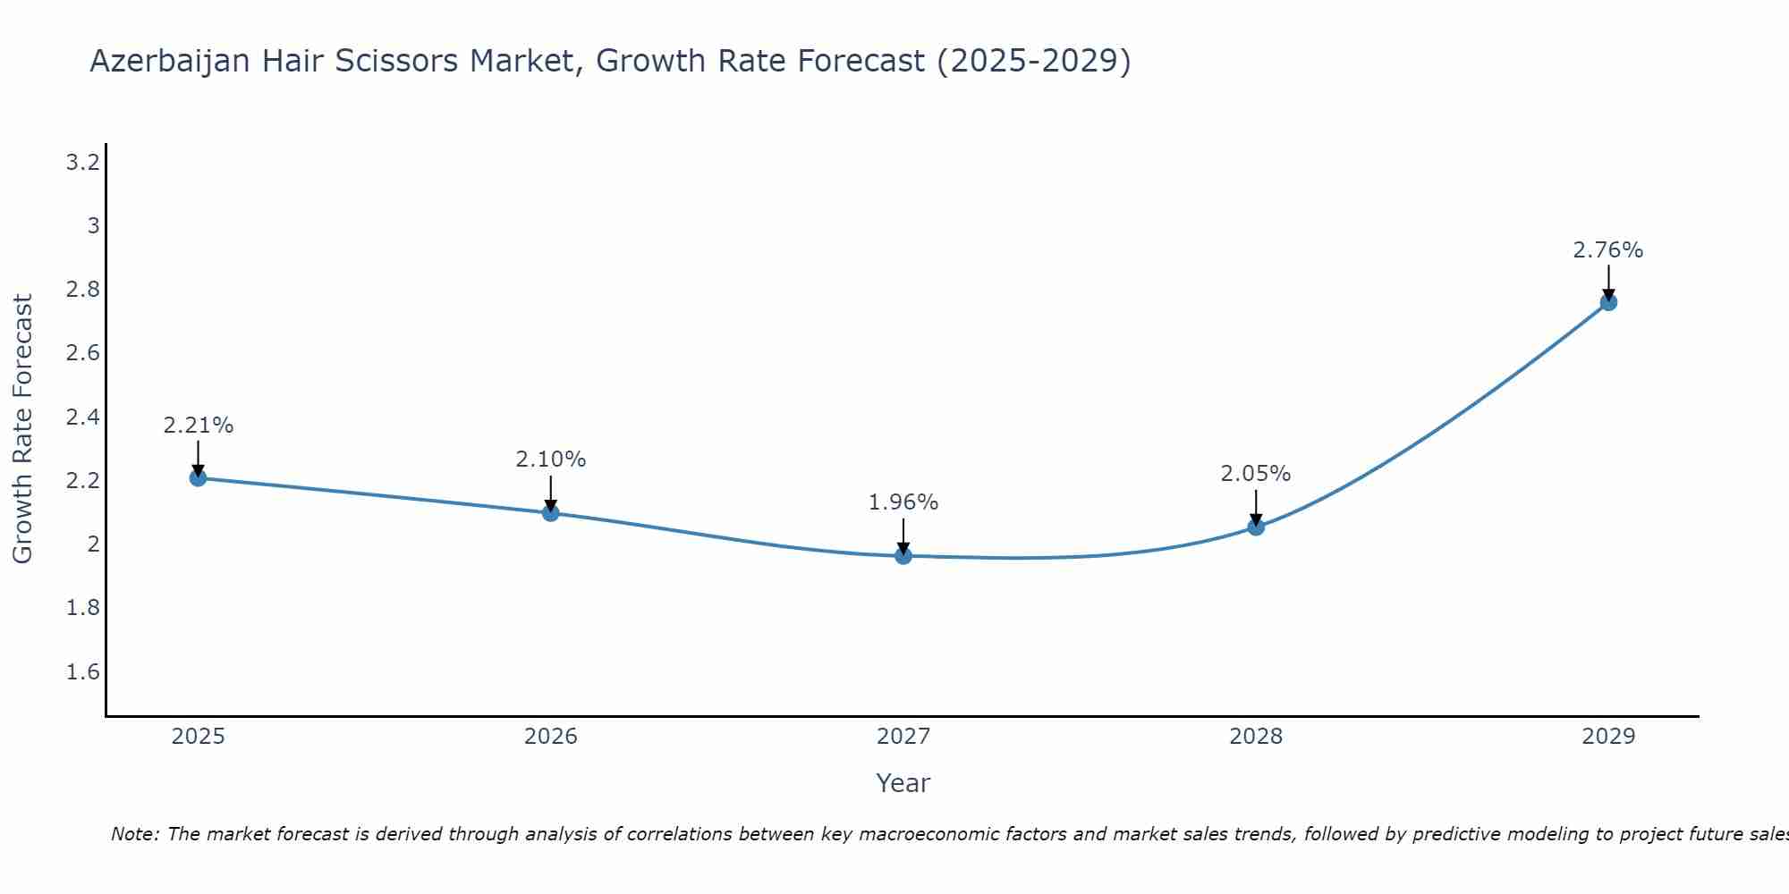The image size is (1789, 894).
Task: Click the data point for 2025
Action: point(198,477)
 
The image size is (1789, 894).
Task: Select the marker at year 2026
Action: point(550,512)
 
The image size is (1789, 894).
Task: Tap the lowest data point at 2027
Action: point(903,556)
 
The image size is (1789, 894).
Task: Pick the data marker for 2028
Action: point(1256,527)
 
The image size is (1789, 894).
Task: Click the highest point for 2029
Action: point(1608,302)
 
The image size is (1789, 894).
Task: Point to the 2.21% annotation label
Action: point(198,426)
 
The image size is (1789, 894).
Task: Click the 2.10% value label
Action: point(550,460)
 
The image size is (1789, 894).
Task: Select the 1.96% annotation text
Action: point(903,502)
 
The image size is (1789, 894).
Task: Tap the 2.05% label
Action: point(1256,474)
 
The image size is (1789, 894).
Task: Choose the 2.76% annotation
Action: point(1608,250)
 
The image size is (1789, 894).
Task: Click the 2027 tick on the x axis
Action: point(903,737)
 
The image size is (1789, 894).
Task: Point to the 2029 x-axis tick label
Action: point(1608,737)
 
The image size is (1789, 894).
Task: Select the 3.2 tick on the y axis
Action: point(82,163)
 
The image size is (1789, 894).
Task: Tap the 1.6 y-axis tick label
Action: point(82,672)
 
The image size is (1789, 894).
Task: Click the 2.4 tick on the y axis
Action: point(82,417)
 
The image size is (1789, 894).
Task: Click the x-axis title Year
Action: point(903,783)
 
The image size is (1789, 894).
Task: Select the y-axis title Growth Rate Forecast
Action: point(23,429)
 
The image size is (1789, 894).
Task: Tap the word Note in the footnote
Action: point(133,835)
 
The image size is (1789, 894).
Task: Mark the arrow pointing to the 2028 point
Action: point(1256,507)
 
